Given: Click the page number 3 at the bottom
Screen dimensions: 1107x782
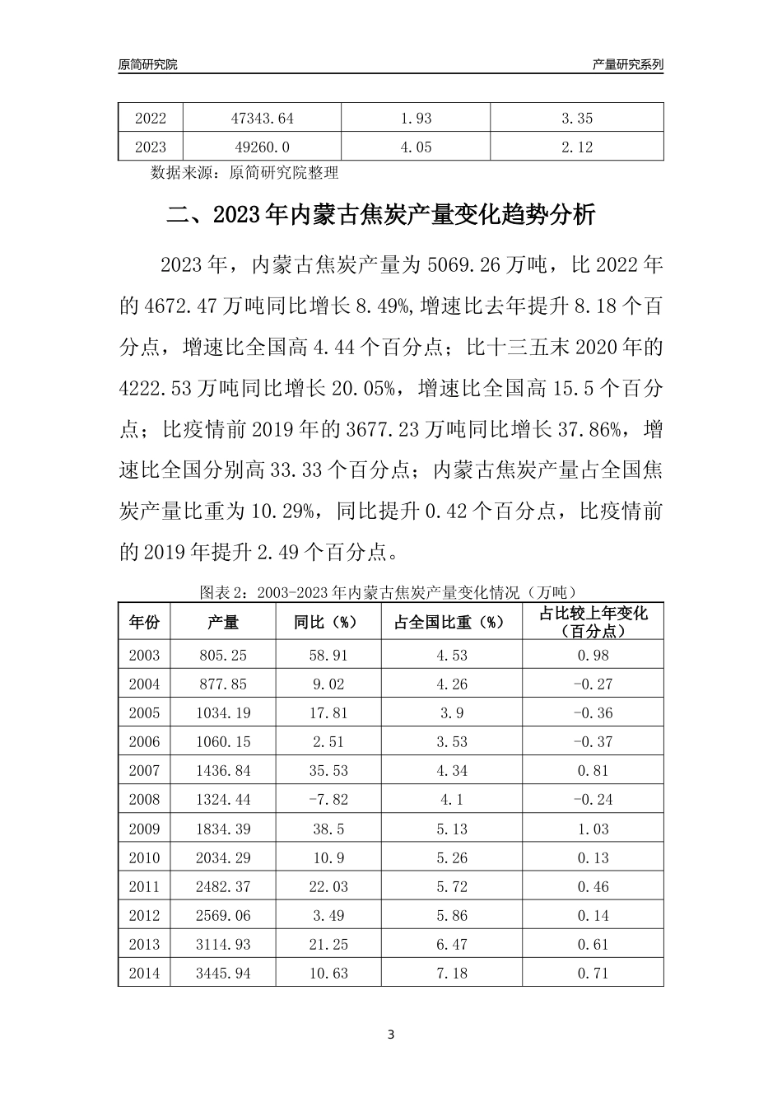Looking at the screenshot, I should point(391,1035).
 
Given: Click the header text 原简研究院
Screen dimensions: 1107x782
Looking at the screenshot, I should point(148,64).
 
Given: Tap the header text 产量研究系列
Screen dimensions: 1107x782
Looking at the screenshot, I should point(628,64).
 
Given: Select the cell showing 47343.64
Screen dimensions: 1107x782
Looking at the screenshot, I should point(262,118).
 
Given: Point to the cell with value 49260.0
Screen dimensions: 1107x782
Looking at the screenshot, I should point(262,147).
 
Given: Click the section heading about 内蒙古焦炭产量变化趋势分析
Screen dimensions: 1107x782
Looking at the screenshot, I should point(380,216).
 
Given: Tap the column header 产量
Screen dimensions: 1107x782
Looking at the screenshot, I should point(223,622).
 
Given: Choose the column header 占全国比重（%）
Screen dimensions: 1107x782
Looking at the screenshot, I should point(452,622).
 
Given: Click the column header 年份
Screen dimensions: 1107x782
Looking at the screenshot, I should point(144,622).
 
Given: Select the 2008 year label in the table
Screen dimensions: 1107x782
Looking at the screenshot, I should point(144,800).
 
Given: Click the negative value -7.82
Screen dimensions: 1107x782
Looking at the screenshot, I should point(328,800).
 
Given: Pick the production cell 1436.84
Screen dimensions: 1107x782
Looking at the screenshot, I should point(223,771).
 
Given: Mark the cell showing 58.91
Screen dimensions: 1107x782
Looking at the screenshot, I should point(328,656).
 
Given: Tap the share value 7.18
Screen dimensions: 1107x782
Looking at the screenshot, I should point(452,974).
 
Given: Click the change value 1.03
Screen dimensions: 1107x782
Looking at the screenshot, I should point(593,829).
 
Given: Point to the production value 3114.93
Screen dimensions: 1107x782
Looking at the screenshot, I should point(223,945).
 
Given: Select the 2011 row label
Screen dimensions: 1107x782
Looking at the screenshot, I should point(144,887).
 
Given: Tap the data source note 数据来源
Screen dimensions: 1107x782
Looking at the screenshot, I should point(244,173).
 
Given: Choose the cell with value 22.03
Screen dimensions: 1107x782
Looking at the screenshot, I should point(328,887).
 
